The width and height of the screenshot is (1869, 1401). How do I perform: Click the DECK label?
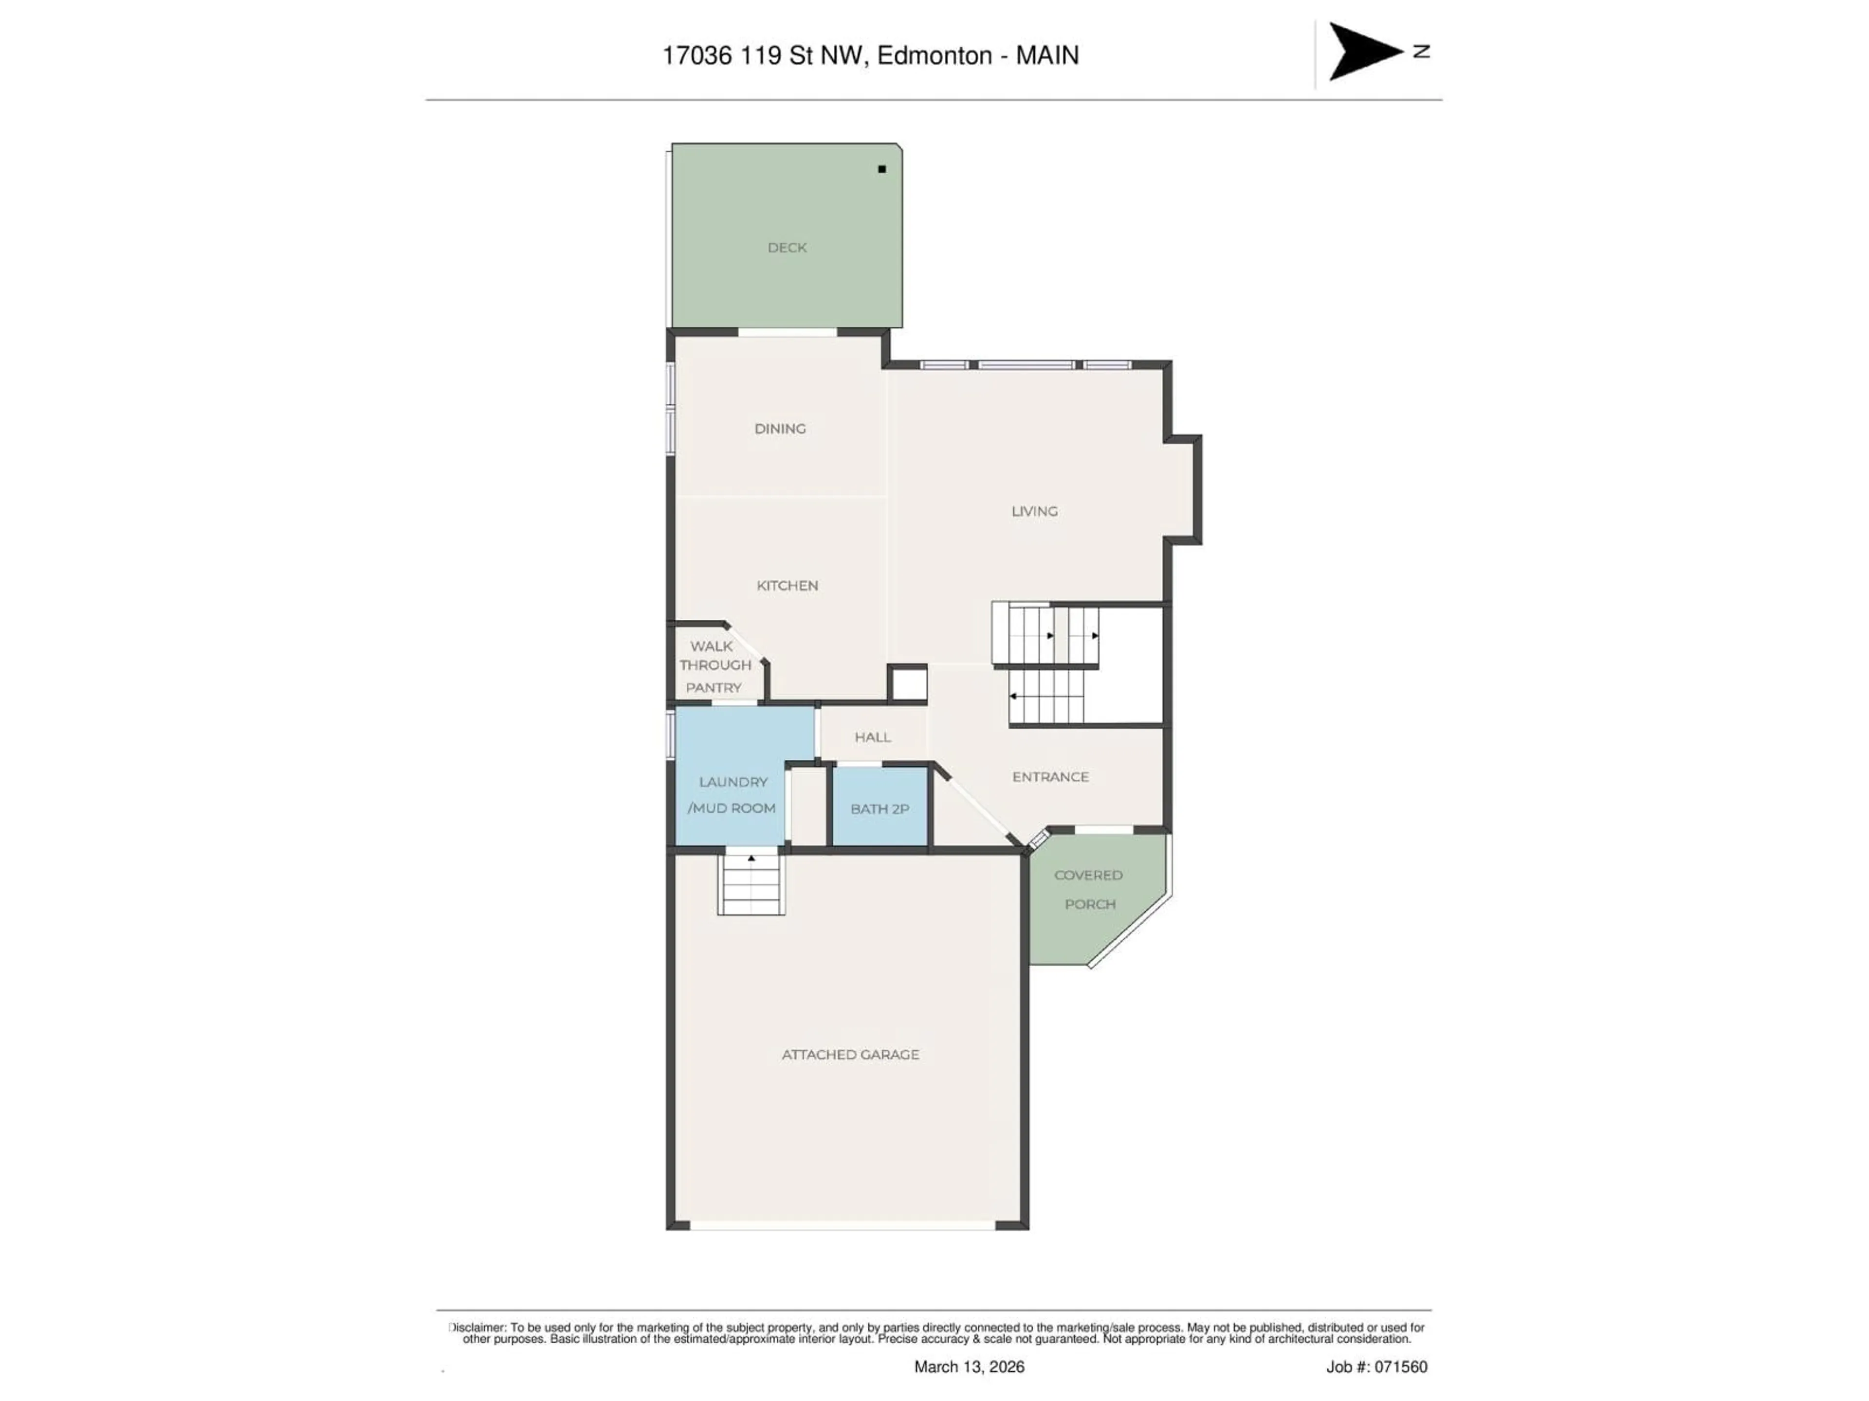coord(787,248)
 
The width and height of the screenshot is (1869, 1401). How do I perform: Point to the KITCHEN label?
coord(787,585)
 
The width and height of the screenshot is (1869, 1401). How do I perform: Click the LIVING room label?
coord(1034,511)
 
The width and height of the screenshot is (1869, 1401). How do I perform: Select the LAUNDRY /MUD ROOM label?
coord(732,795)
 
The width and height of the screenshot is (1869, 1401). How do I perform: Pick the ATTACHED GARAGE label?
coord(850,1054)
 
